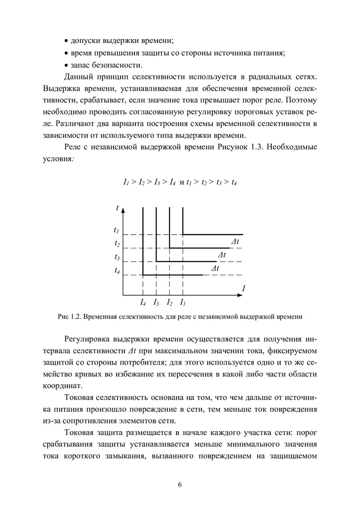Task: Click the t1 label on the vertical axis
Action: (116, 231)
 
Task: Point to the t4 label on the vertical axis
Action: (117, 271)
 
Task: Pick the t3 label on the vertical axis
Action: (117, 257)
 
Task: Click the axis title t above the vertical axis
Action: (117, 208)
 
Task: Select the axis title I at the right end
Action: (243, 288)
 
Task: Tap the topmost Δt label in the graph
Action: (235, 242)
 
